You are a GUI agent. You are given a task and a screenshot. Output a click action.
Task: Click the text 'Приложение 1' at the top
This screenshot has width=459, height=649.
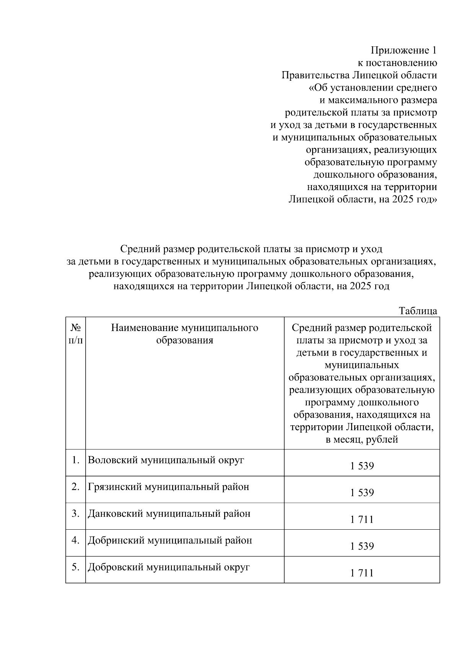point(404,50)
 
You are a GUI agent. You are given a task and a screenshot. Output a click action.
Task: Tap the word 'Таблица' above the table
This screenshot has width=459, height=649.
point(418,311)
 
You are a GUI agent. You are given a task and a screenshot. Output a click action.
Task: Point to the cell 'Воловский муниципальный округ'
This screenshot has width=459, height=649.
point(166,460)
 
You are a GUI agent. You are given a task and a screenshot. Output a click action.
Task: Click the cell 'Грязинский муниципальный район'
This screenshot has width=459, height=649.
point(168,487)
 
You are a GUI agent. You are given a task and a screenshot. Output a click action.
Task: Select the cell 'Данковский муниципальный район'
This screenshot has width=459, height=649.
point(169,514)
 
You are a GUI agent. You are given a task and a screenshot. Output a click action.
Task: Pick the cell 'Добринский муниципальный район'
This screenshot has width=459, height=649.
point(170,540)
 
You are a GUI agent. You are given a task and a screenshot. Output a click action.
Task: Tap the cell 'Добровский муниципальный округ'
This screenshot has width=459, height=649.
point(169,567)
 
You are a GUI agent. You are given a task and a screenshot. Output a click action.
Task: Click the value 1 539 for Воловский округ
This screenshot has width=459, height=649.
point(361,466)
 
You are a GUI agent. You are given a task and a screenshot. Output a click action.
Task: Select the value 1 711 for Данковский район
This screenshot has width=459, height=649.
point(361,519)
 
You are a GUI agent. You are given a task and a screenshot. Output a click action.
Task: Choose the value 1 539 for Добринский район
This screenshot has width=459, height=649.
point(361,546)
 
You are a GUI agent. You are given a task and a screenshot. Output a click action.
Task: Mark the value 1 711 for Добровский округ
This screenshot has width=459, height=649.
point(361,573)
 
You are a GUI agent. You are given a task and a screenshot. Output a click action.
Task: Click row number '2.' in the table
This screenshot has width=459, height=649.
point(75,487)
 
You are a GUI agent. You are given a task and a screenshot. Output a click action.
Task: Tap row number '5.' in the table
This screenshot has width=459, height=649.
point(75,567)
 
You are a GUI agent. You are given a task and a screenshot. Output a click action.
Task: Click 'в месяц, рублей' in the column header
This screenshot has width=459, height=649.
point(361,440)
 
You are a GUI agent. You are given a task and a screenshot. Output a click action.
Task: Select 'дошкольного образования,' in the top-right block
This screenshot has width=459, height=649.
point(375,175)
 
